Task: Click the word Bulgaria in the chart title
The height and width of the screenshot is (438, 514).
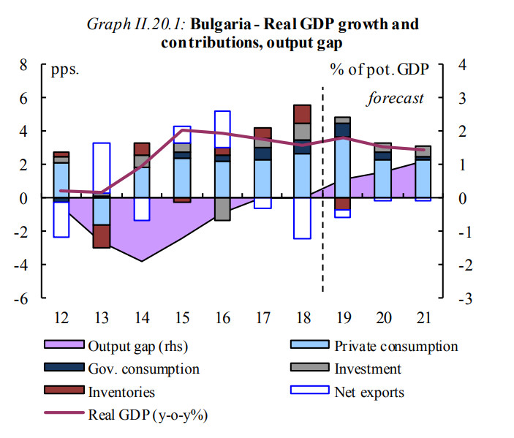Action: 219,24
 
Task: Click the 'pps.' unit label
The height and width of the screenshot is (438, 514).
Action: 64,70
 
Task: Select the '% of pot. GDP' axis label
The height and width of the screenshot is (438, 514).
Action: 379,70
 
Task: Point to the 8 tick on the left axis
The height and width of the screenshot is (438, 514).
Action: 23,65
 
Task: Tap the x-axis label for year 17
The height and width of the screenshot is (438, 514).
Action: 262,318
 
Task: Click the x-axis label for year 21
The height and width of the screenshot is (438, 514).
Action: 423,318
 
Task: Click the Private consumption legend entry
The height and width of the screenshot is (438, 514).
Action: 396,347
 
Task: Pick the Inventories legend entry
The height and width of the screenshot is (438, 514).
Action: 121,393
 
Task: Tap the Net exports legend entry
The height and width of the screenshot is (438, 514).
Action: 369,393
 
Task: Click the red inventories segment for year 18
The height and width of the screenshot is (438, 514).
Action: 303,113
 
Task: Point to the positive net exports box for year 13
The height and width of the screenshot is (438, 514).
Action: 102,168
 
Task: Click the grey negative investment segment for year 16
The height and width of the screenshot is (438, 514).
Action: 222,209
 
